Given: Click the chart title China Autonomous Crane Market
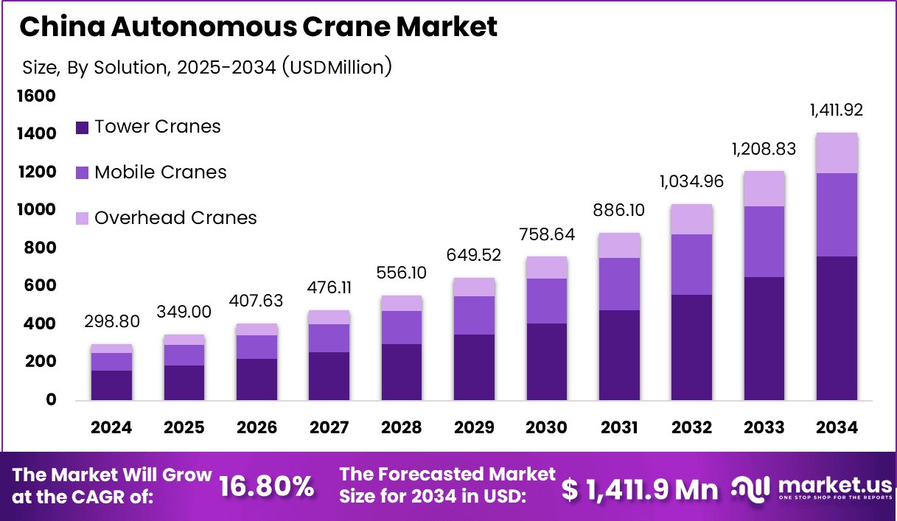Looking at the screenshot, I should tap(258, 27).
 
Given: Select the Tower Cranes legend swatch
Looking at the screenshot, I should tap(82, 127).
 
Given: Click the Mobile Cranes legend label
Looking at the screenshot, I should tap(160, 172).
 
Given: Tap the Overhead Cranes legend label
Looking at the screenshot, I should tap(175, 218).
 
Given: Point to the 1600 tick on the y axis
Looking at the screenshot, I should tap(36, 96).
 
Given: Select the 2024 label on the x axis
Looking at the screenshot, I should tap(111, 427).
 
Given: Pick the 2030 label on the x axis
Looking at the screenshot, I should tap(546, 427).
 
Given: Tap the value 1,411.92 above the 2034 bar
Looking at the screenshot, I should tap(836, 111).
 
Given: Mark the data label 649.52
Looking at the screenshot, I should tap(474, 255).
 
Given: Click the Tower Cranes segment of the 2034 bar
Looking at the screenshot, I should tap(836, 328).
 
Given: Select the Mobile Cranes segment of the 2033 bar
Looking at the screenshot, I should tap(764, 242).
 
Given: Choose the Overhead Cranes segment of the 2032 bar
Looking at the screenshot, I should tap(691, 219).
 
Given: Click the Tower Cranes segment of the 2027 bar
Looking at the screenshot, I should tap(329, 376).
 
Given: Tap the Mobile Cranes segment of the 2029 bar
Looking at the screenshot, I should tap(474, 315).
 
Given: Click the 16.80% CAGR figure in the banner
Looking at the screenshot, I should tap(267, 487).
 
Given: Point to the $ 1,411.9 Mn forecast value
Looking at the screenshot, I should tap(639, 489).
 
